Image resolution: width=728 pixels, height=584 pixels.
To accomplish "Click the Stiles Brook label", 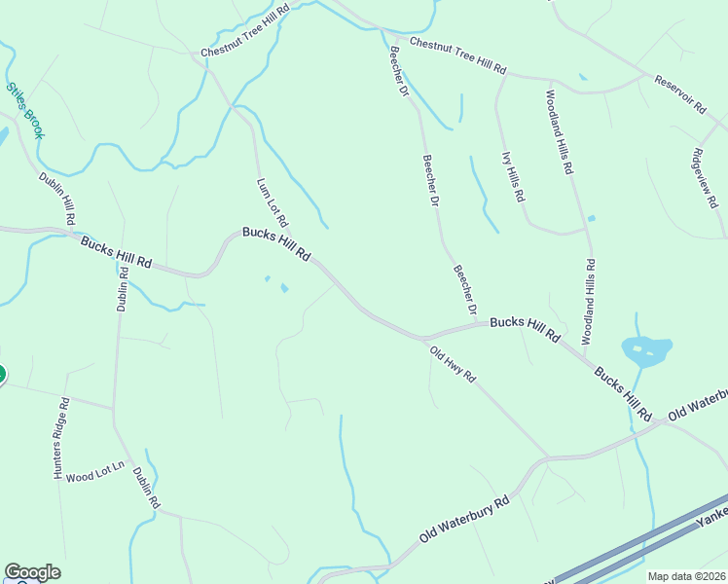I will point(25,110).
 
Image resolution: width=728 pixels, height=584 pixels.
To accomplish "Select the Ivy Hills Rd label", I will point(513,176).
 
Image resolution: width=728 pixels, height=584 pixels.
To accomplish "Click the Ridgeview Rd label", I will point(705,178).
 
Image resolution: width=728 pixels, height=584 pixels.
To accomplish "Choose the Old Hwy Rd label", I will point(453,362).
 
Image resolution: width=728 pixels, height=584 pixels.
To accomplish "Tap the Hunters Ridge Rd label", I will point(60,438).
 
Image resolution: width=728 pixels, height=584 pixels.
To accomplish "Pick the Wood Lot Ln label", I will point(96,471).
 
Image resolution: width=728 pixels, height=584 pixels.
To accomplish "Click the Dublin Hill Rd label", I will point(56,200).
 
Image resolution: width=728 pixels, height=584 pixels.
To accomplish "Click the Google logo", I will point(32,572).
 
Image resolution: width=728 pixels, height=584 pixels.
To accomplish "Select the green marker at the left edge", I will point(1,374).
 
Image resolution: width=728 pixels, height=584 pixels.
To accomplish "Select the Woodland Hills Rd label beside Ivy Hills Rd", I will point(559,132).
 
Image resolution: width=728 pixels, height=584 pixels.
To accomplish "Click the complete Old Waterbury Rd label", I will point(465,521).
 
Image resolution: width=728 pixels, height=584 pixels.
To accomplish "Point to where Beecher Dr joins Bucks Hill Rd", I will point(480,323).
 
